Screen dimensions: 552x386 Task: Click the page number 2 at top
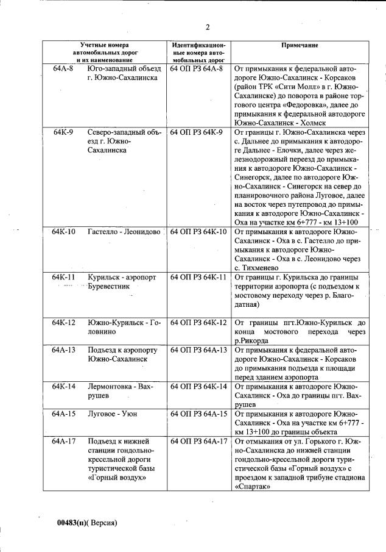click(x=207, y=27)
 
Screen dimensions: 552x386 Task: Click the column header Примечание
click(x=300, y=46)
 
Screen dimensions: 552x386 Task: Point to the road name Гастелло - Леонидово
click(x=124, y=232)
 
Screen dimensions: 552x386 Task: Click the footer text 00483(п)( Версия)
click(x=86, y=523)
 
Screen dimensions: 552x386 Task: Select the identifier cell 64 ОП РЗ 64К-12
click(x=198, y=322)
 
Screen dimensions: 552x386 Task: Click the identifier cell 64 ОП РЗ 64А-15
click(x=198, y=414)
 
